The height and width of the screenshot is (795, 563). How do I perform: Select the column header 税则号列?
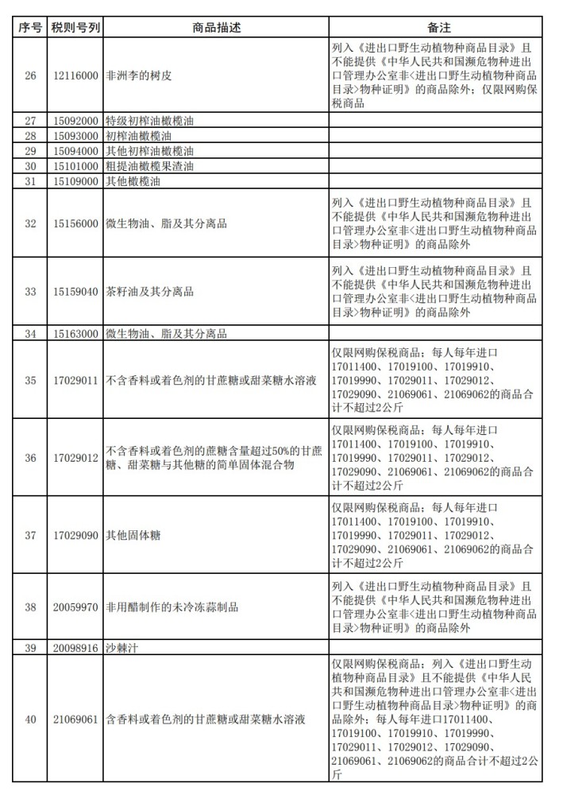point(75,27)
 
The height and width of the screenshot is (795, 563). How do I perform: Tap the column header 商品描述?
point(216,27)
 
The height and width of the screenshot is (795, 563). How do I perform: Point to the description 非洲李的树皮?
point(139,76)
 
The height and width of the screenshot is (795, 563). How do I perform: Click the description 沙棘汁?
point(122,648)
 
